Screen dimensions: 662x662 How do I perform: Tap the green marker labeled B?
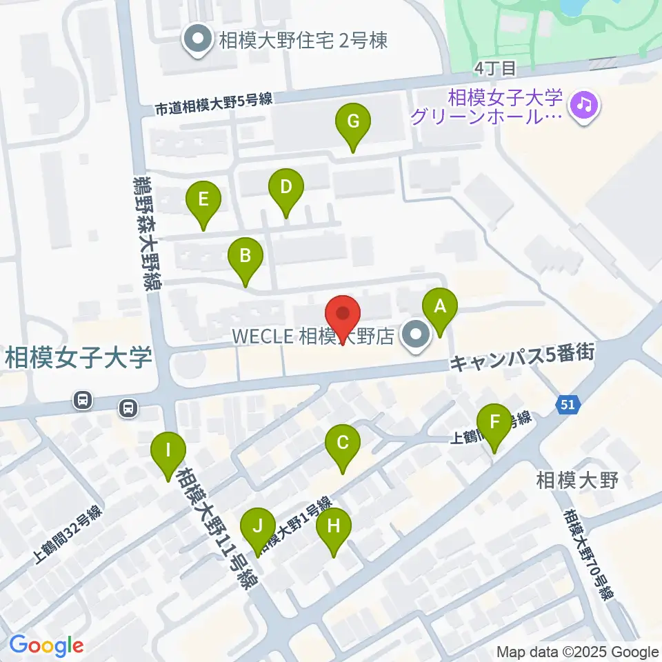click(245, 257)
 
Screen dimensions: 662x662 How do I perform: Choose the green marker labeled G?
click(353, 123)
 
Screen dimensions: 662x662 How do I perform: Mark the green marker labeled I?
click(168, 452)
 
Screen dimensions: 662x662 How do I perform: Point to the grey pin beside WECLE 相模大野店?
click(416, 336)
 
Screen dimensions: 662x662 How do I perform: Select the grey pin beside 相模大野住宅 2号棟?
click(199, 39)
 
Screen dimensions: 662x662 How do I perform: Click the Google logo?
click(46, 646)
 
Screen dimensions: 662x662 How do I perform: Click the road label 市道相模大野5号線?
click(213, 103)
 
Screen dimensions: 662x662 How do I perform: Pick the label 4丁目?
click(495, 68)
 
